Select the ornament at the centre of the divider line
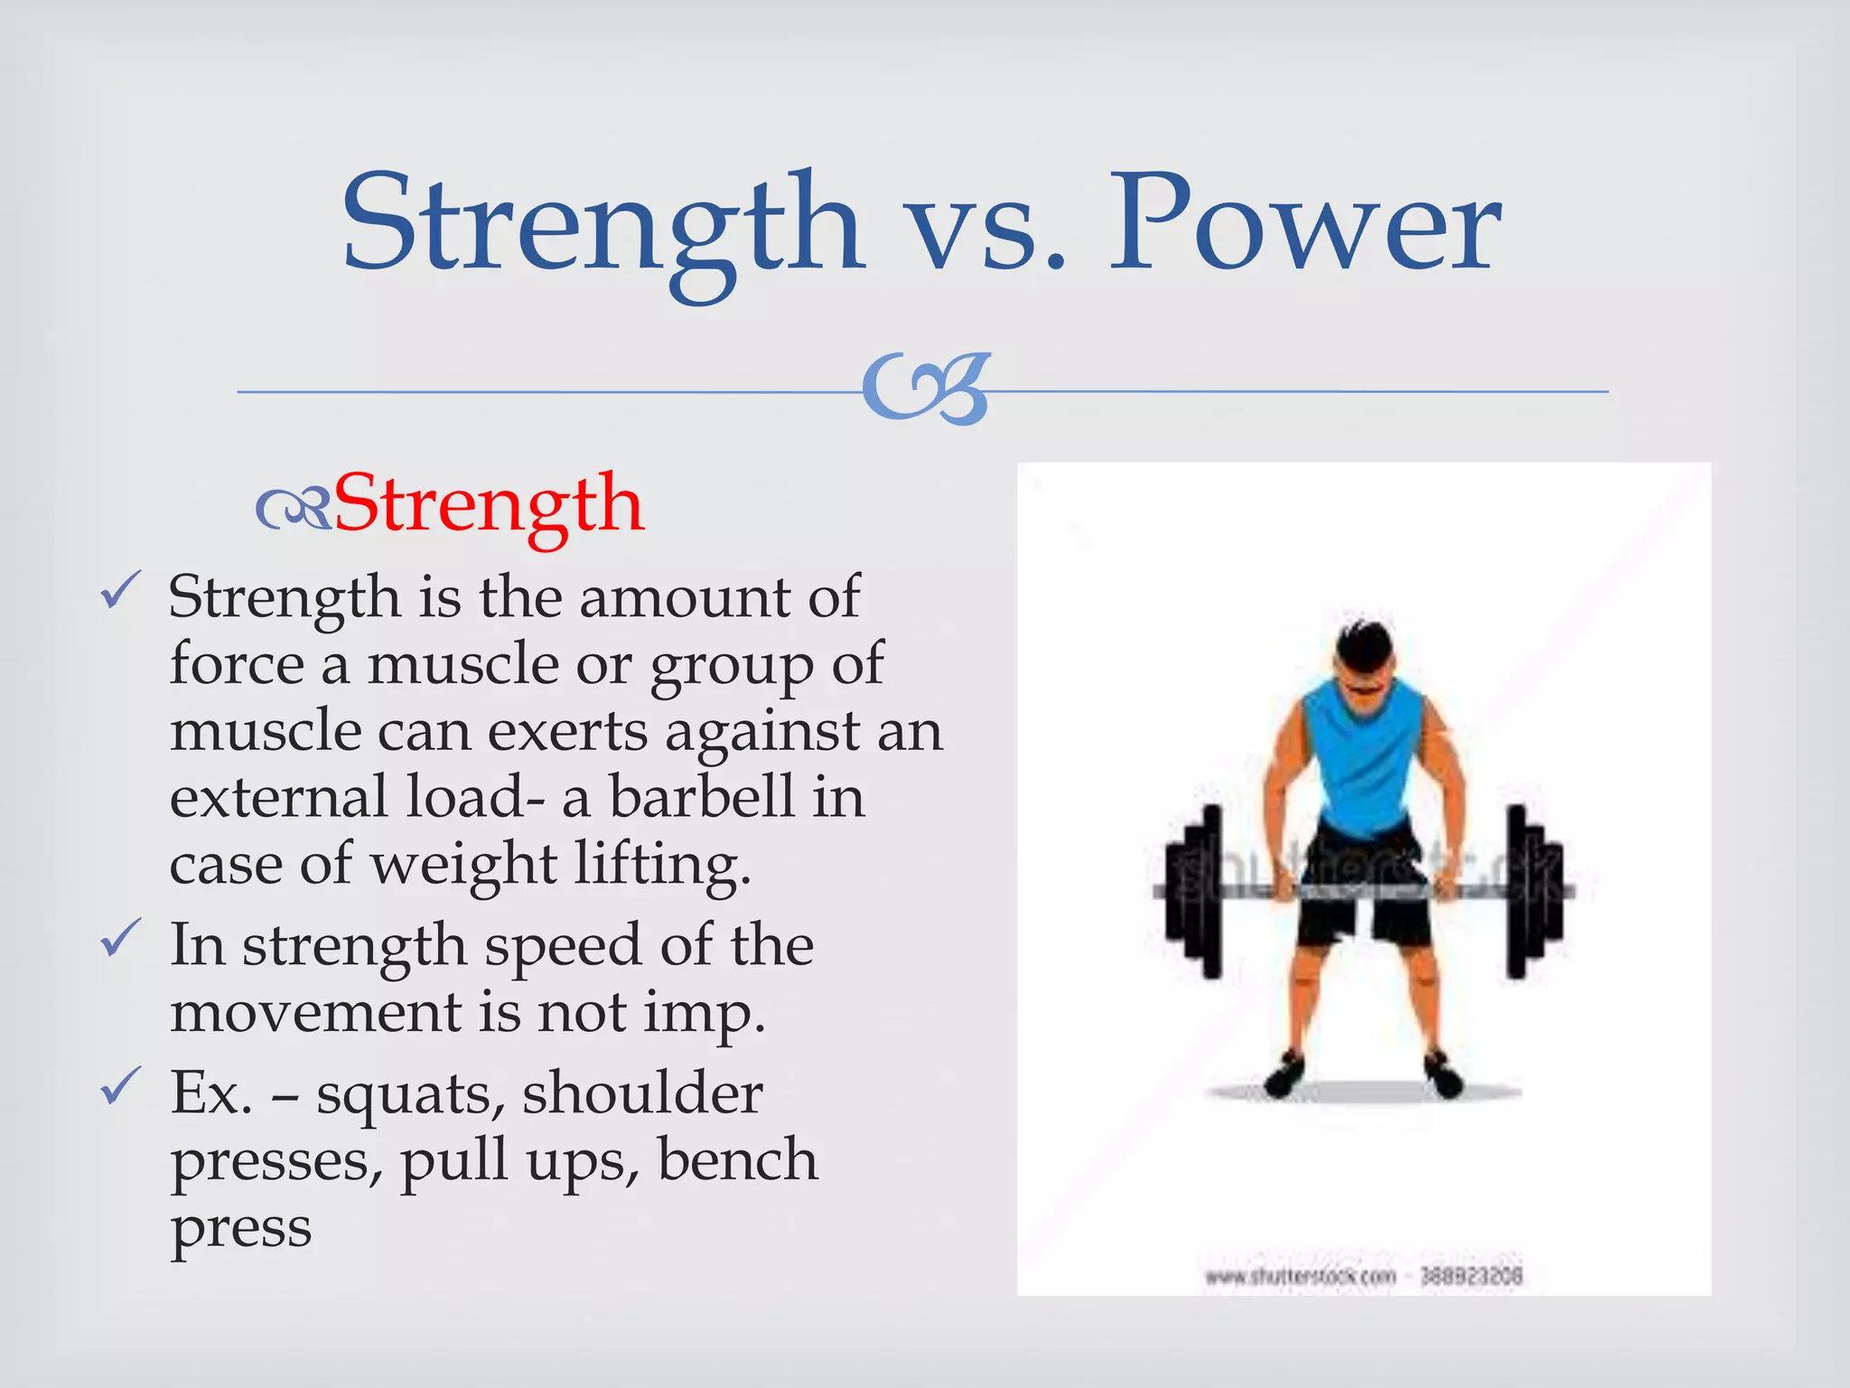click(927, 389)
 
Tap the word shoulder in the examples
click(642, 1093)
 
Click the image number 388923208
click(1472, 1276)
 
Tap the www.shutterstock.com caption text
click(1300, 1277)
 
